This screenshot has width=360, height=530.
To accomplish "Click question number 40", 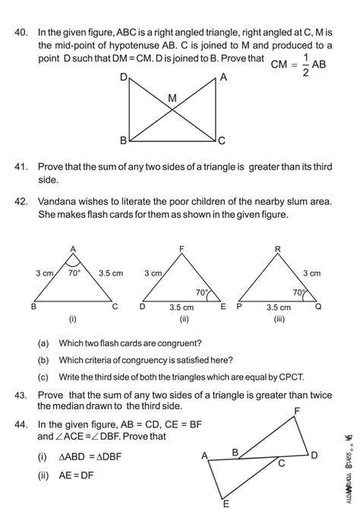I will (21, 33).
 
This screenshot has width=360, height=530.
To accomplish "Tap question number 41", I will (21, 166).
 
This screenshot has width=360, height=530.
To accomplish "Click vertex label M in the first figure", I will (172, 99).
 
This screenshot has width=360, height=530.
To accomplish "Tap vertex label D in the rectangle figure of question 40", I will (124, 78).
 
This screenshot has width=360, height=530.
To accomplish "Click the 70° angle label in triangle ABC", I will (74, 273).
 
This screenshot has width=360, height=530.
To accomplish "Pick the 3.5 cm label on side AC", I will (111, 273).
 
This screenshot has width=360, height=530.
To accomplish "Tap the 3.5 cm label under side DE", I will (181, 308).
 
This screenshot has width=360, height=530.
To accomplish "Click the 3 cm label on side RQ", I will (311, 273).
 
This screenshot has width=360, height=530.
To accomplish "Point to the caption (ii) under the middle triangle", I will (183, 320).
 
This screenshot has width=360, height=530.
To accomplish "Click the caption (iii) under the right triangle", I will (279, 320).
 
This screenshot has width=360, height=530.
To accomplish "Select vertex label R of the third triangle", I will (278, 249).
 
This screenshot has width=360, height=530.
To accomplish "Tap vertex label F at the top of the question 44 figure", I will (296, 411).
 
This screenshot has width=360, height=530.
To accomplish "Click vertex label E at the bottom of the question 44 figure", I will (226, 503).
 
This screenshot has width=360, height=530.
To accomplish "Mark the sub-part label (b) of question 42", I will (43, 360).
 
